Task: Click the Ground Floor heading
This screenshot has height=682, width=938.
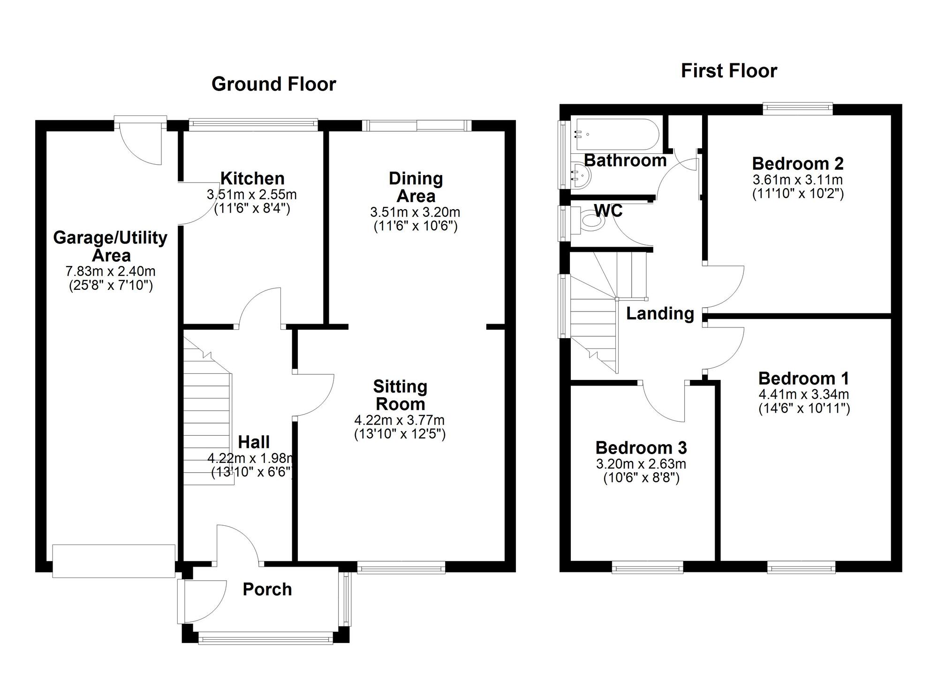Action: (x=273, y=84)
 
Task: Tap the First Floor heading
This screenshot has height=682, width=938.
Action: (x=729, y=71)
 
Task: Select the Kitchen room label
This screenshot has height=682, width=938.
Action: (x=252, y=178)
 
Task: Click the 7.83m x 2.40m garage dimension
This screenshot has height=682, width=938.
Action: (x=111, y=271)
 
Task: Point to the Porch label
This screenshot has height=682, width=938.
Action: (x=267, y=589)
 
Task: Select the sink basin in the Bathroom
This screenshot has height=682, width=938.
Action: (x=580, y=176)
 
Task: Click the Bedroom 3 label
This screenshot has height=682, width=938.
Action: (x=641, y=448)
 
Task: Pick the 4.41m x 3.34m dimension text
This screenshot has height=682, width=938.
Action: (x=804, y=394)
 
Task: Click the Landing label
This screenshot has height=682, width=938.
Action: (x=660, y=313)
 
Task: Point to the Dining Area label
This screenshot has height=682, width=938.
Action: (x=416, y=187)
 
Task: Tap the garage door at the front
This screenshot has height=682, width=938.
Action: (x=113, y=561)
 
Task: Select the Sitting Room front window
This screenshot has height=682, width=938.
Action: (x=401, y=569)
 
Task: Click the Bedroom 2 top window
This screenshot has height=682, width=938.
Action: (x=797, y=109)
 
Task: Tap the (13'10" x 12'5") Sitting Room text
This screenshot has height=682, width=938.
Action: (x=400, y=434)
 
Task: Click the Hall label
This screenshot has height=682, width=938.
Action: (x=254, y=442)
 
